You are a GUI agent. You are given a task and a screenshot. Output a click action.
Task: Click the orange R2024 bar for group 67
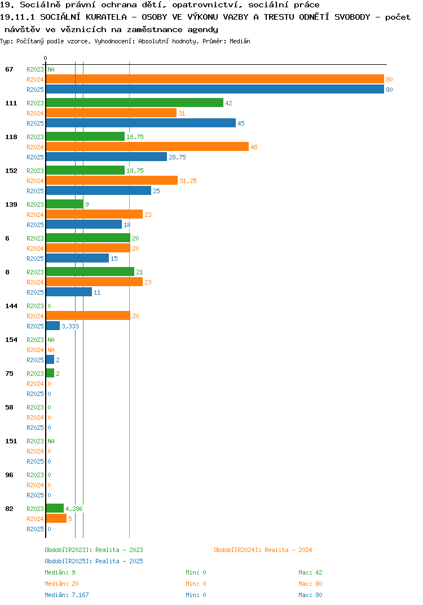[215, 79]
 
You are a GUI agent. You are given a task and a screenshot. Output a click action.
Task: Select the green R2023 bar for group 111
[135, 103]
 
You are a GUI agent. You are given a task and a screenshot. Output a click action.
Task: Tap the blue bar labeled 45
[141, 123]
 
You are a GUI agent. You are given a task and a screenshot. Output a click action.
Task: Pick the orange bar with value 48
[148, 146]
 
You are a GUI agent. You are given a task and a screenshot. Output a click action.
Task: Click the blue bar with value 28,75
[107, 157]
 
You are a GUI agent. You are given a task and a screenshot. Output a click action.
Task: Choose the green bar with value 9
[65, 204]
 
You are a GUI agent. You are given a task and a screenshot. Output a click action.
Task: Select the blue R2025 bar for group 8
[69, 292]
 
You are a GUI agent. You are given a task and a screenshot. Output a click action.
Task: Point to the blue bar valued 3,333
[53, 326]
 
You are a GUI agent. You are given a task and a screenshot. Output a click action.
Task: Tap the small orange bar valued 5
[56, 519]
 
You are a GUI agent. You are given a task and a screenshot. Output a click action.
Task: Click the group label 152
[11, 171]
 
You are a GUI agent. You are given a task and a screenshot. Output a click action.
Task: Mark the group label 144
[11, 306]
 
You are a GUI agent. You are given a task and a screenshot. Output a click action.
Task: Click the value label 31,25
[188, 181]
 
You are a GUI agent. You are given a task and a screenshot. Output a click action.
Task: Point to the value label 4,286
[74, 509]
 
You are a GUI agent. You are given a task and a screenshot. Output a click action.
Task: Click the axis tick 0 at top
[45, 58]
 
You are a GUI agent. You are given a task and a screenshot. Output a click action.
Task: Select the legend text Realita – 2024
[288, 550]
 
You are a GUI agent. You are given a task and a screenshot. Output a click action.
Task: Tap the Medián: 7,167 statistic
[67, 595]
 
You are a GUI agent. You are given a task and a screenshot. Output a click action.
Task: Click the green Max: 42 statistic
[310, 572]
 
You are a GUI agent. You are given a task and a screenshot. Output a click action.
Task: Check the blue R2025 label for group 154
[35, 360]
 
